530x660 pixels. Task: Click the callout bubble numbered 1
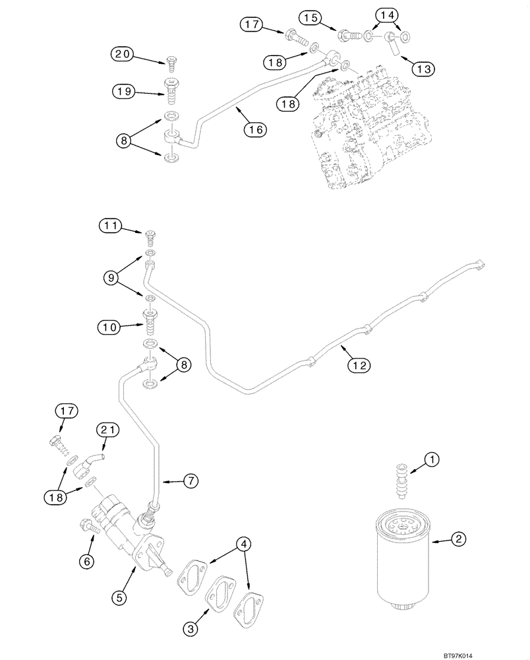click(x=430, y=457)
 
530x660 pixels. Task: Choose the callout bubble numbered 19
click(x=123, y=92)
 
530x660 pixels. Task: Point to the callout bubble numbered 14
click(x=388, y=14)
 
